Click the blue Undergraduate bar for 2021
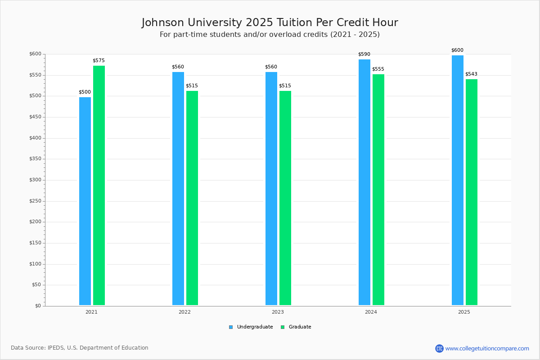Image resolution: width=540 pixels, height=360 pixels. (85, 201)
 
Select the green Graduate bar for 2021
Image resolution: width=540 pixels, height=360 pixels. (99, 185)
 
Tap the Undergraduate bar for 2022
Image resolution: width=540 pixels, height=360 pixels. (178, 188)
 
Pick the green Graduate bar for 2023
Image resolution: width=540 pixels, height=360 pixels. (285, 198)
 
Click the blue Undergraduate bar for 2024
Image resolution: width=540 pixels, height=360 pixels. (364, 182)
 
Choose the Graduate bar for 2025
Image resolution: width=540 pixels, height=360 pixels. (472, 192)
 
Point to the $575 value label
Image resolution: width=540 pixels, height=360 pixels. (99, 60)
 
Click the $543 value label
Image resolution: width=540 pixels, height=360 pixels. (471, 74)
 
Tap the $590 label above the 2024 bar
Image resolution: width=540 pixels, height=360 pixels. (364, 54)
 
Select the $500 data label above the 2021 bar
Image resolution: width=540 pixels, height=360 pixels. (85, 92)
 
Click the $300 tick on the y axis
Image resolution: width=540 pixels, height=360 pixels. (36, 180)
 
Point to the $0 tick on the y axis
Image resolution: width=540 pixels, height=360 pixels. (38, 306)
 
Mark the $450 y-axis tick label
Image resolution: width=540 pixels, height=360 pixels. (36, 117)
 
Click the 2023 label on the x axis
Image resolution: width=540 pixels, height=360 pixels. (278, 312)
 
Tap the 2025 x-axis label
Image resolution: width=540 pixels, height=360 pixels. (464, 312)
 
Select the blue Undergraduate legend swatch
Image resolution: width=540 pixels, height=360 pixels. (231, 327)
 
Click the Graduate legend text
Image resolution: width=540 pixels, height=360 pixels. (300, 327)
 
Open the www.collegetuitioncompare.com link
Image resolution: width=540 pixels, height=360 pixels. (487, 348)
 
